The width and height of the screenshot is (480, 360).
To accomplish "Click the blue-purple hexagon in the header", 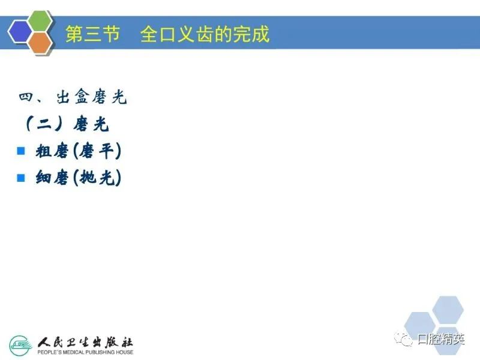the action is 20,32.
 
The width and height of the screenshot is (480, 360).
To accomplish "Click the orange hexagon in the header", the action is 40,43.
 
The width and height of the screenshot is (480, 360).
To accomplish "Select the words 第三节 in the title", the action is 92,34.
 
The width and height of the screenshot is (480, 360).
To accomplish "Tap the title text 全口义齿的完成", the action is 205,34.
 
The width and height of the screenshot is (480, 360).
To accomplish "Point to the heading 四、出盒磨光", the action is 73,97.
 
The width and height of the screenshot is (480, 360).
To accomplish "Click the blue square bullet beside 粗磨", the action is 21,151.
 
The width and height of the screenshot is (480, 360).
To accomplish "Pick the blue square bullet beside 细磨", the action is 21,178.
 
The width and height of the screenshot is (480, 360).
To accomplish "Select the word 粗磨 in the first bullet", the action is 52,151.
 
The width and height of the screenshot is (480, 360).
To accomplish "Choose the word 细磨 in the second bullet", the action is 52,178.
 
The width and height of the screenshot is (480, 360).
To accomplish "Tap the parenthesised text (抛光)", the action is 97,178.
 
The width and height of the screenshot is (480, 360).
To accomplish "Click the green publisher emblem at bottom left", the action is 21,346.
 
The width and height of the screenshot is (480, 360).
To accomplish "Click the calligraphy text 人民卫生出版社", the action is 85,342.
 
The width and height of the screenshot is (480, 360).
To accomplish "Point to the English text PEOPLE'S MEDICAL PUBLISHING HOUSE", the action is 85,352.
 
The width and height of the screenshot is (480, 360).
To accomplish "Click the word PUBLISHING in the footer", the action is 100,352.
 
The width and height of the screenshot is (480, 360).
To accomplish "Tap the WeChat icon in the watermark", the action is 403,339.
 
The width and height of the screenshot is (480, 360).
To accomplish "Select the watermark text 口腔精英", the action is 441,339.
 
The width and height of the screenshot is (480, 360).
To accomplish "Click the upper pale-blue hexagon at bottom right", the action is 448,310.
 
